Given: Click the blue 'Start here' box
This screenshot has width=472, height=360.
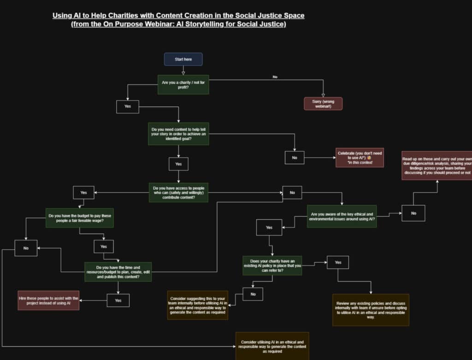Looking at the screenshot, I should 183,59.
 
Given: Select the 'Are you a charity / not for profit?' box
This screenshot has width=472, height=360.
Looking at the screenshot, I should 183,84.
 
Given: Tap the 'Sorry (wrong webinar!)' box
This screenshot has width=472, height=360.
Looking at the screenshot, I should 323,103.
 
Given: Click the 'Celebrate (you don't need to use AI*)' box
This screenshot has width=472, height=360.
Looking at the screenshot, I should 360,158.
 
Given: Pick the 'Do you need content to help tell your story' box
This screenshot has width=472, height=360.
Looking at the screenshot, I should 178,134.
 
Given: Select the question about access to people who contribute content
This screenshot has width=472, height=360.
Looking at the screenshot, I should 178,192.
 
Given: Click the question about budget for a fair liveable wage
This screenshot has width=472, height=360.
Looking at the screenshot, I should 79,218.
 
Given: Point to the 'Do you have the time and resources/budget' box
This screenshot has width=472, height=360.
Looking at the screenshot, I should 118,271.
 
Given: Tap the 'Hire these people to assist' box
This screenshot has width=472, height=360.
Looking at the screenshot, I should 48,300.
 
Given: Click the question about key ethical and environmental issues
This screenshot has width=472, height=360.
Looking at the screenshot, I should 342,216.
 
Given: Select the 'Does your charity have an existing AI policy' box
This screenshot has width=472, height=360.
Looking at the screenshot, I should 272,266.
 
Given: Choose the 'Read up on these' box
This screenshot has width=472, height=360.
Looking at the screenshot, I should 437,165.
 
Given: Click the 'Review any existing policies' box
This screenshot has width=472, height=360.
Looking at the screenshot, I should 371,310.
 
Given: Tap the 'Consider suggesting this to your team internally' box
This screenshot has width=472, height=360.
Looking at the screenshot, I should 197,305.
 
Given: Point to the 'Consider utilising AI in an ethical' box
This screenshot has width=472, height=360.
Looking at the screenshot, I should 272,346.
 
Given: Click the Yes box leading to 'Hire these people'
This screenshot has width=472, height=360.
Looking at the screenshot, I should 118,300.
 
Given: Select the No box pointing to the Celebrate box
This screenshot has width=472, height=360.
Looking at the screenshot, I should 295,158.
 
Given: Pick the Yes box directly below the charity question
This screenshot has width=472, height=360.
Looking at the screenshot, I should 128,106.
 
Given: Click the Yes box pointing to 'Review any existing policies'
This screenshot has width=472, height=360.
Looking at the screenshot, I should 338,262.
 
